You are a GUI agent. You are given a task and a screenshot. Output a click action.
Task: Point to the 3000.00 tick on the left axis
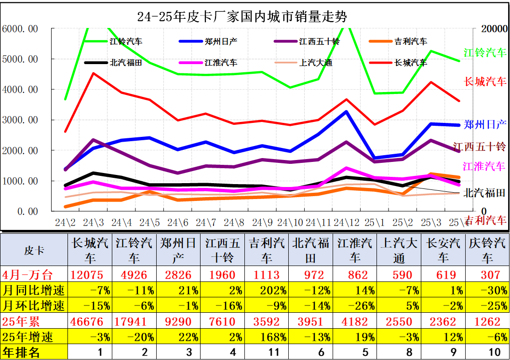(x=20, y=120)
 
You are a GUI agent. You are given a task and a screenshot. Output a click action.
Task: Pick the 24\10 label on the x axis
(x=291, y=223)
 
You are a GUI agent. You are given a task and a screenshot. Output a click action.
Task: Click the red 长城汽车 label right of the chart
(x=485, y=81)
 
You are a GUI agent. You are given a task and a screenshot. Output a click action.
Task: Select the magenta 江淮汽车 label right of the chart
(x=484, y=166)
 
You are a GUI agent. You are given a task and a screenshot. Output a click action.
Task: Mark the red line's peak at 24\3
(x=93, y=74)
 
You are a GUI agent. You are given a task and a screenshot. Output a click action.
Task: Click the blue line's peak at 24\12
(x=347, y=112)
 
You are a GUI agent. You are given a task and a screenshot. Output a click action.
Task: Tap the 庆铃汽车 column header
(x=487, y=250)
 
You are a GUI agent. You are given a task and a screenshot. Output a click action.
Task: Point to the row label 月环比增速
(x=34, y=305)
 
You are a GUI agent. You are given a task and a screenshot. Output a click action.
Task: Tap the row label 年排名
(x=22, y=352)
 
